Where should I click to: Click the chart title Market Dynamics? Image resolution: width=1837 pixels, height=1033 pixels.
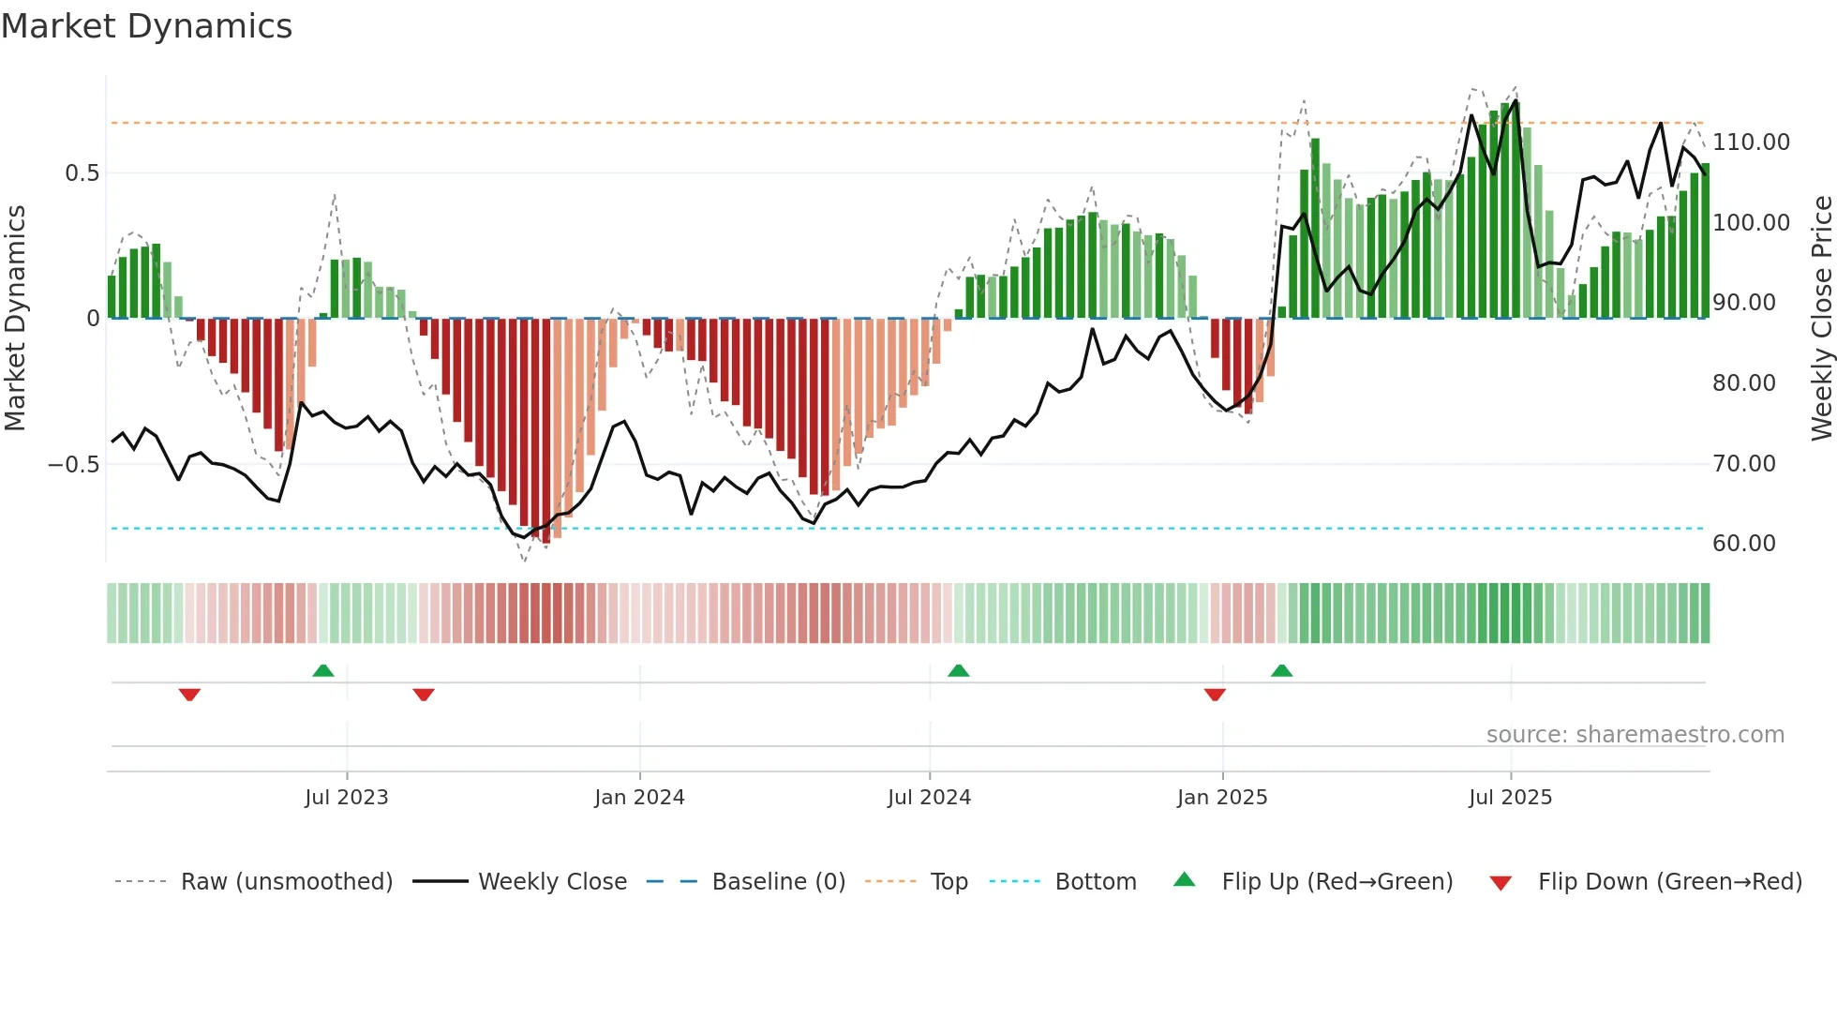pyautogui.click(x=146, y=26)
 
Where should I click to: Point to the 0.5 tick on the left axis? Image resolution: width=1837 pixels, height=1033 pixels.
pyautogui.click(x=82, y=173)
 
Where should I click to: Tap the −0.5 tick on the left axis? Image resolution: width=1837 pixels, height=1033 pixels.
pyautogui.click(x=74, y=465)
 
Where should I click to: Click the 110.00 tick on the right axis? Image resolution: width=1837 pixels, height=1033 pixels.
pyautogui.click(x=1751, y=142)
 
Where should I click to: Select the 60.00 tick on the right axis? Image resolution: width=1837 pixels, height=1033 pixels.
pyautogui.click(x=1743, y=544)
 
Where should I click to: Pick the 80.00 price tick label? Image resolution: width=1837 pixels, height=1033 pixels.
pyautogui.click(x=1743, y=383)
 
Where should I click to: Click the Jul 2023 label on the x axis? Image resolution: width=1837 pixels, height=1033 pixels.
pyautogui.click(x=346, y=798)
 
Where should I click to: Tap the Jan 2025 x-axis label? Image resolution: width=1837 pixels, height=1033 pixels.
pyautogui.click(x=1222, y=798)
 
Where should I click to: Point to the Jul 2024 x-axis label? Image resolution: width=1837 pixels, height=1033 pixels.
pyautogui.click(x=929, y=798)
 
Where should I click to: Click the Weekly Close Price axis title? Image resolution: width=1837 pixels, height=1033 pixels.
pyautogui.click(x=1821, y=319)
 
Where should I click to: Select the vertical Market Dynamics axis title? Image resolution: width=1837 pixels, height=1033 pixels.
pyautogui.click(x=15, y=319)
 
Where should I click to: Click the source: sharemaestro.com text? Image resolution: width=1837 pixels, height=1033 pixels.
pyautogui.click(x=1635, y=735)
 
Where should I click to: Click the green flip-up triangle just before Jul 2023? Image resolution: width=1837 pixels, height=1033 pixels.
pyautogui.click(x=323, y=670)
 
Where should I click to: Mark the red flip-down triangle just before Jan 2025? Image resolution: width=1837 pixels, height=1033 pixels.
pyautogui.click(x=1215, y=695)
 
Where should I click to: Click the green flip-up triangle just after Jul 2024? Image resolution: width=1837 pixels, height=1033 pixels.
pyautogui.click(x=958, y=670)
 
